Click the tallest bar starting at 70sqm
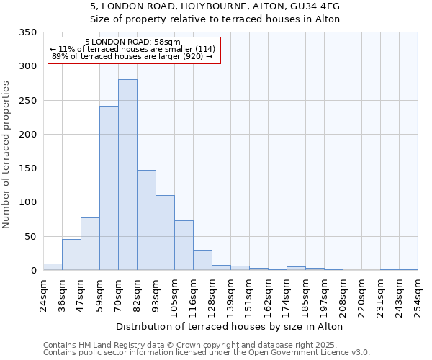click(127, 175)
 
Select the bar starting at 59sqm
click(109, 188)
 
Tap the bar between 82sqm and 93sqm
click(146, 220)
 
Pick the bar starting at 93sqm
click(165, 233)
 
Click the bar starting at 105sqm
click(184, 246)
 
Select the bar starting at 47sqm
click(90, 244)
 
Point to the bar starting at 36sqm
click(71, 255)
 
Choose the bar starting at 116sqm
click(202, 260)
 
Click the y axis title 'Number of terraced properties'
click(6, 155)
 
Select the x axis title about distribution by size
click(229, 326)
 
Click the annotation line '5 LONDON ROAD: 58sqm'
click(132, 42)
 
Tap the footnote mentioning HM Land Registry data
click(205, 345)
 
